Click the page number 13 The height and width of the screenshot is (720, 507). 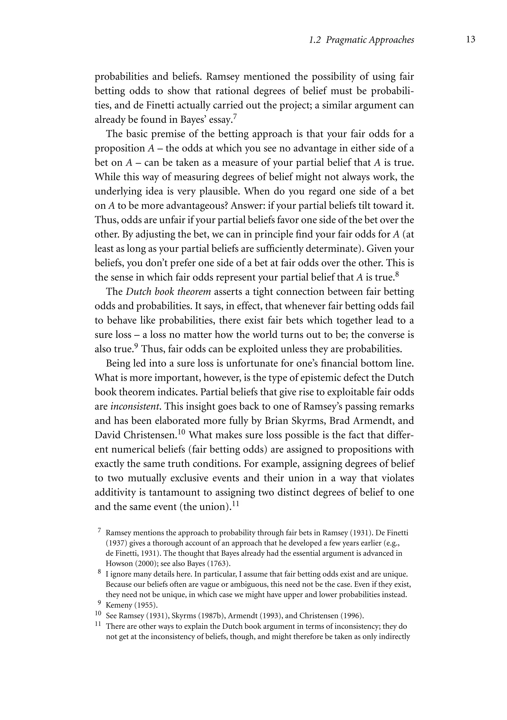[471, 40]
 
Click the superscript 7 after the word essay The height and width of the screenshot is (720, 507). [235, 116]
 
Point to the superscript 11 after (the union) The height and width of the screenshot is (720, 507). [235, 504]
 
